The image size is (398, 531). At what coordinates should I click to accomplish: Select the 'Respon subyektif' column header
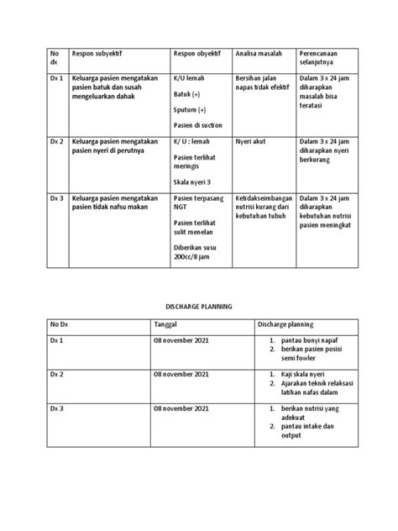coord(98,56)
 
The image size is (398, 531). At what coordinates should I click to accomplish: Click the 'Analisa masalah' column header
coord(258,56)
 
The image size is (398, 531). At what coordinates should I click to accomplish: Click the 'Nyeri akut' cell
coord(253,142)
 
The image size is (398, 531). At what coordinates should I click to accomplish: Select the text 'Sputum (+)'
coord(190,109)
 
